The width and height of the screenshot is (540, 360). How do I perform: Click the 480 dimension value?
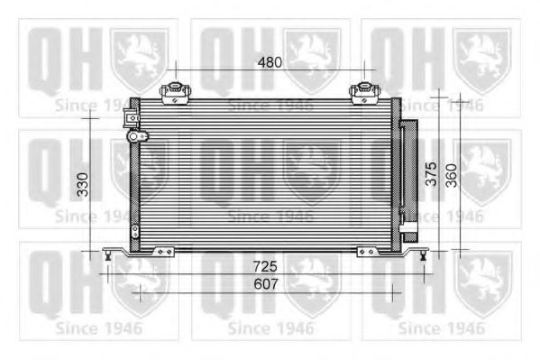click(x=270, y=62)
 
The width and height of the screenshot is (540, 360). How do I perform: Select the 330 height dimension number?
click(x=82, y=185)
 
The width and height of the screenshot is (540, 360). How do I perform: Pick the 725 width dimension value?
click(x=265, y=267)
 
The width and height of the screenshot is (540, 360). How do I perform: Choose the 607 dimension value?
click(x=265, y=284)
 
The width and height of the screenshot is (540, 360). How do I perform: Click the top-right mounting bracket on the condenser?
click(x=363, y=91)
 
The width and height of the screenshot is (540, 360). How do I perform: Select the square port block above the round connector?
click(x=133, y=117)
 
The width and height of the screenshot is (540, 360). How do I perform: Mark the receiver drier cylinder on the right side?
click(x=408, y=176)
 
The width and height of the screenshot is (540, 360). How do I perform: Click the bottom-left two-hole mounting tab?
click(x=162, y=252)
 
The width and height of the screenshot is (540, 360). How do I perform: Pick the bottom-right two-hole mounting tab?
click(x=368, y=252)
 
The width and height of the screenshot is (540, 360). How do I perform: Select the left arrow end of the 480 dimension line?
click(x=174, y=71)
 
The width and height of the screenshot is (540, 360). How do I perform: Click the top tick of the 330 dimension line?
click(x=91, y=116)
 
